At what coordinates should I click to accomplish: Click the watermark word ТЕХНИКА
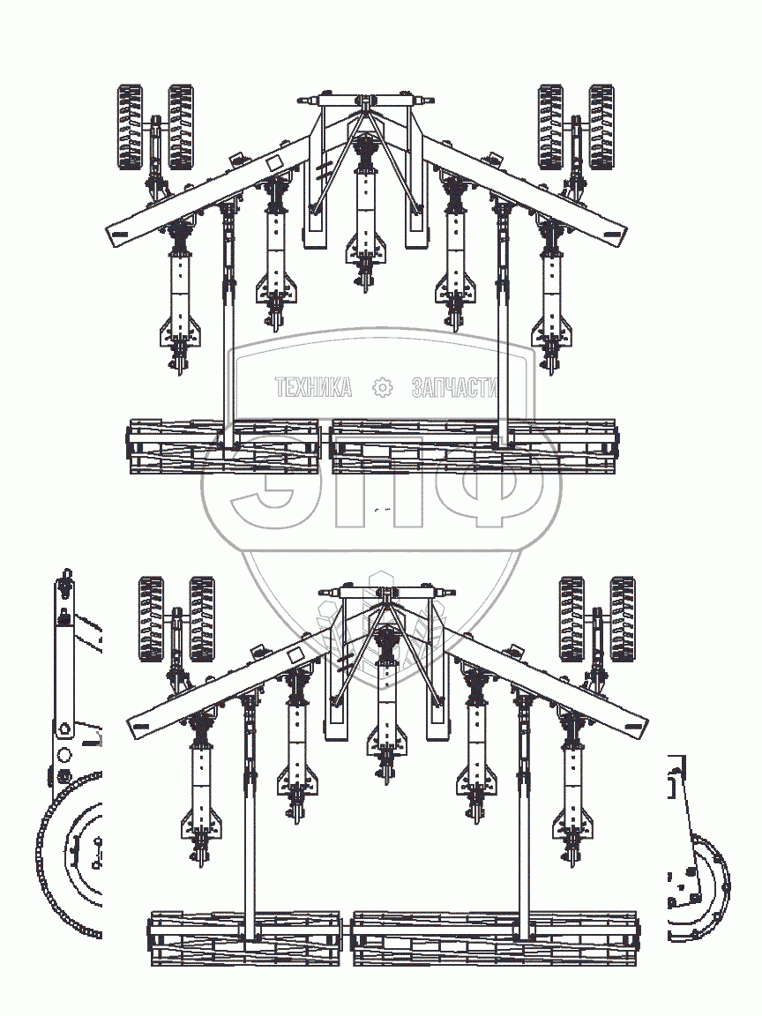[x=313, y=387]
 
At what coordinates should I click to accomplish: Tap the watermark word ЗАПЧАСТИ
[x=454, y=387]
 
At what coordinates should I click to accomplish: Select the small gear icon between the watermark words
[x=382, y=387]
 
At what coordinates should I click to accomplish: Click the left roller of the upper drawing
[x=224, y=446]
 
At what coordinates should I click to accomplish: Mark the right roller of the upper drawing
[x=474, y=446]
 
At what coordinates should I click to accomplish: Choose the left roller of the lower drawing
[x=246, y=938]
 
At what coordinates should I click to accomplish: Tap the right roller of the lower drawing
[x=496, y=938]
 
